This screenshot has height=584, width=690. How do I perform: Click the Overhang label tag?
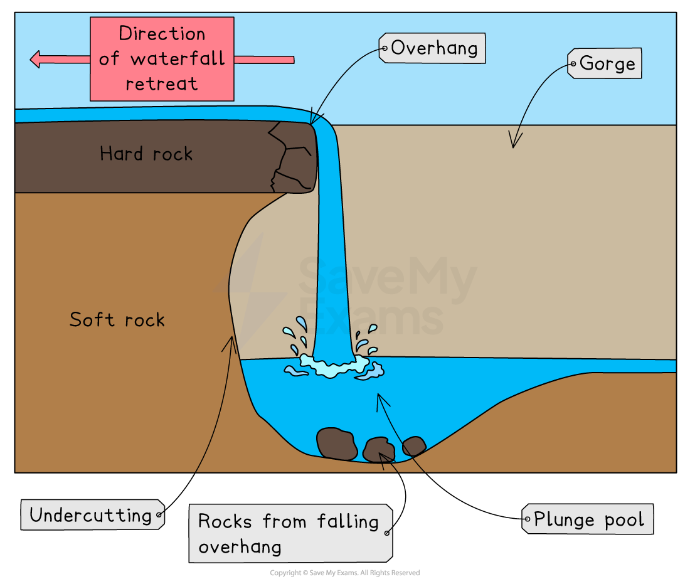432,48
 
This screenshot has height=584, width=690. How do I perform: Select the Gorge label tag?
605,63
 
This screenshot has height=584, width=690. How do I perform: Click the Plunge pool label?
588,519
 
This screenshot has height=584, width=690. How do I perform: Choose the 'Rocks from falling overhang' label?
290,533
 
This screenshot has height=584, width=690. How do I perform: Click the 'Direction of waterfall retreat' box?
162,59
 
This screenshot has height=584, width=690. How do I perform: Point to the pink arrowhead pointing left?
36,60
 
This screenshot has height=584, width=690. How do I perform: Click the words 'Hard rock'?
146,154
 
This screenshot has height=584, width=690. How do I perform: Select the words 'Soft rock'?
117,320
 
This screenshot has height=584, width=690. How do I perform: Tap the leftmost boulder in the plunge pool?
337,443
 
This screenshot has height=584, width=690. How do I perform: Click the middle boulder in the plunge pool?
379,450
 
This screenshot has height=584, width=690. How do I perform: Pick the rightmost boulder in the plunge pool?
414,446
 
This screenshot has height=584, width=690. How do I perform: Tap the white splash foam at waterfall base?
332,366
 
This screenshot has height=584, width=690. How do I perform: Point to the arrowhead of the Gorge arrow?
513,144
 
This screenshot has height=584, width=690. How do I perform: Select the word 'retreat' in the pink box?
161,83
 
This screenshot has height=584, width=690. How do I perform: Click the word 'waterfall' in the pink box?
178,59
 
